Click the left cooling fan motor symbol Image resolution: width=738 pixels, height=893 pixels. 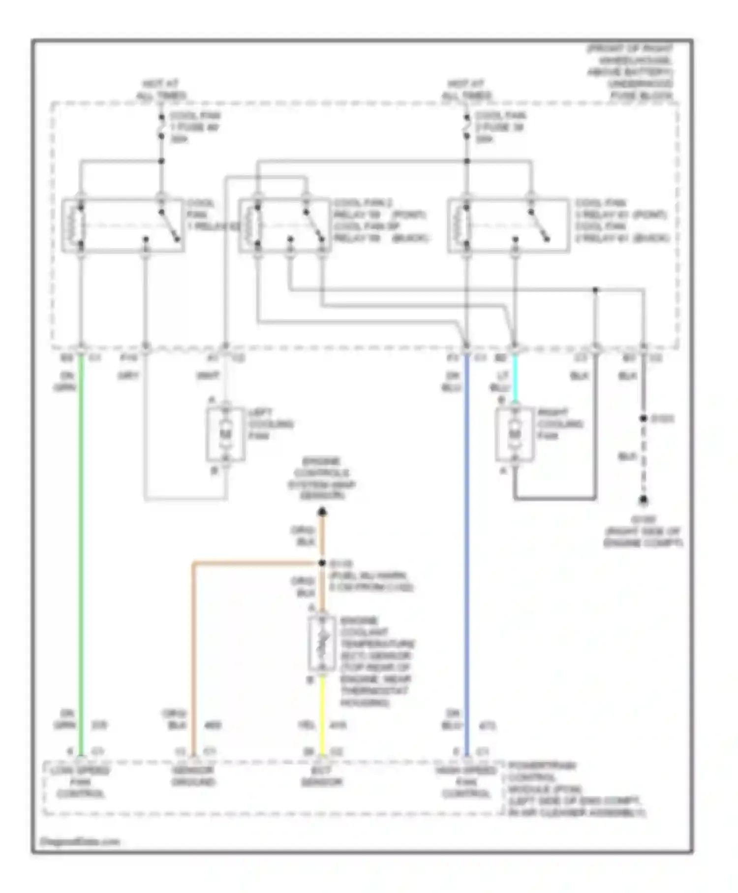[225, 434]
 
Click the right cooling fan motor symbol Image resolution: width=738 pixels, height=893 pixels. [514, 434]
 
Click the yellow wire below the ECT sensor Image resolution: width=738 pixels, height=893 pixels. [322, 714]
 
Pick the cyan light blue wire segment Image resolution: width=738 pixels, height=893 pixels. [515, 379]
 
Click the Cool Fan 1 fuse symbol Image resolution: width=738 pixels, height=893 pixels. [161, 127]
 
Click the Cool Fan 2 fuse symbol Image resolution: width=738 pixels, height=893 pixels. [466, 127]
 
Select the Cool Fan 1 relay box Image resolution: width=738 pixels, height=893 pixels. [123, 225]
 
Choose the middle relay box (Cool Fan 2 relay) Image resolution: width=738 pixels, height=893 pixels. [284, 225]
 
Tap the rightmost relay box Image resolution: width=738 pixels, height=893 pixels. [509, 225]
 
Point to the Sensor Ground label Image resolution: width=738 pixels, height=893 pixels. [193, 776]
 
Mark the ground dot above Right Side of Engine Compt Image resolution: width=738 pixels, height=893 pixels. [643, 501]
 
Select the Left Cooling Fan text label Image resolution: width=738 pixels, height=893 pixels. [270, 424]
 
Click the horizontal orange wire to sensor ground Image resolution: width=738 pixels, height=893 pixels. [256, 562]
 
